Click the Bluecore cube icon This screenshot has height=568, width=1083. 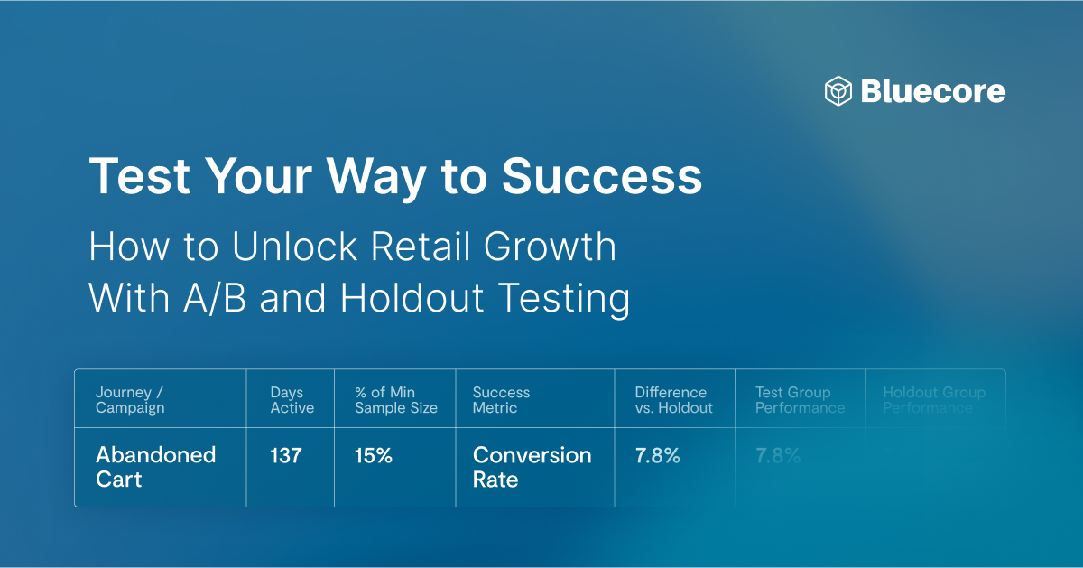(x=838, y=91)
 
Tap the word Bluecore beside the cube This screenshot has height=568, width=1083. (x=932, y=91)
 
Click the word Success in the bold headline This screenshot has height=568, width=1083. (x=602, y=176)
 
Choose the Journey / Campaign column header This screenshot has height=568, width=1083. (x=130, y=400)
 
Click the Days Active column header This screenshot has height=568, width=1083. (x=292, y=400)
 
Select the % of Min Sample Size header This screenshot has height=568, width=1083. (x=395, y=400)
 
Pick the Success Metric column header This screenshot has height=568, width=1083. (x=501, y=400)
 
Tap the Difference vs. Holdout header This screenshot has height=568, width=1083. (x=673, y=400)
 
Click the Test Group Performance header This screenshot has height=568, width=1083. (x=800, y=400)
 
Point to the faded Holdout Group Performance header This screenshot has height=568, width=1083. (x=933, y=400)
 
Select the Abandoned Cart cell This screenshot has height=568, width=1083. (x=155, y=467)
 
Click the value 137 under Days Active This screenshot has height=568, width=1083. (x=285, y=456)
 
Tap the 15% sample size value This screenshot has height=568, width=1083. (x=373, y=456)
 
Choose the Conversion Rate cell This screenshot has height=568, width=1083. (x=532, y=467)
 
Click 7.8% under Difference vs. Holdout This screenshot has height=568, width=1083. (x=657, y=456)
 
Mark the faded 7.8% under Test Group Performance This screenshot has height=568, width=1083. (x=778, y=456)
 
